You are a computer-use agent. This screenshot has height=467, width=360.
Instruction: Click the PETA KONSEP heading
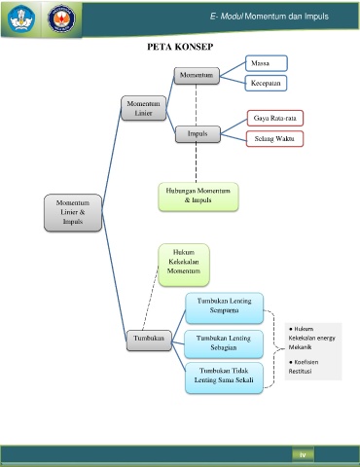[x=180, y=47]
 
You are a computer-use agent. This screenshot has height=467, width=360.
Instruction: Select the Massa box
[x=267, y=63]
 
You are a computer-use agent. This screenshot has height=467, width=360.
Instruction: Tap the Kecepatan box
[x=266, y=83]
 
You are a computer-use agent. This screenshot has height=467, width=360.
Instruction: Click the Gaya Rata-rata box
[x=275, y=118]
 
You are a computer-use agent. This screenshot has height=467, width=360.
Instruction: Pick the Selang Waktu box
[x=274, y=139]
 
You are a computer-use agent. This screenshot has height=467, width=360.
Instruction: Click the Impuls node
[x=198, y=134]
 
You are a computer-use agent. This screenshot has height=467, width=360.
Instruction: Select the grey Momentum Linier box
[x=143, y=108]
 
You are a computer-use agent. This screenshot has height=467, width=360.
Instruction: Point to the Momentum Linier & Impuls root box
[x=73, y=212]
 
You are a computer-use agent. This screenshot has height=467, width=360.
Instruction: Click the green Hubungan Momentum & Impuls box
[x=198, y=197]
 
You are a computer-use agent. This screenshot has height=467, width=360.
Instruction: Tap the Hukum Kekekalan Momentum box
[x=184, y=265]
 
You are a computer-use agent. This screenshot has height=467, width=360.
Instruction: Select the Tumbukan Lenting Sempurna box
[x=224, y=307]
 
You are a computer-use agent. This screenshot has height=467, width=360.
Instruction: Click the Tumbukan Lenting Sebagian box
[x=224, y=343]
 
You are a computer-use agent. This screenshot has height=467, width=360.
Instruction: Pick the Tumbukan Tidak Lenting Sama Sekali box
[x=224, y=377]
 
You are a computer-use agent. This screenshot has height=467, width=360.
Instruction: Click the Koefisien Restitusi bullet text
[x=304, y=367]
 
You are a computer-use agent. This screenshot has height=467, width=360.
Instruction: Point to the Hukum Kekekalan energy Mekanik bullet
[x=312, y=338]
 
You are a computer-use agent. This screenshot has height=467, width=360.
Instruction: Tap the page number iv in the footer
[x=303, y=455]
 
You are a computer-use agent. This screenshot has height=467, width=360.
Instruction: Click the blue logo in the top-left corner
[x=21, y=18]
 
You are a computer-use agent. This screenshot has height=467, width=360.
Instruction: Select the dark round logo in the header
[x=61, y=18]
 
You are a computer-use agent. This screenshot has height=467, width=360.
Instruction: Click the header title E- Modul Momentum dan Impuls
[x=270, y=17]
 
